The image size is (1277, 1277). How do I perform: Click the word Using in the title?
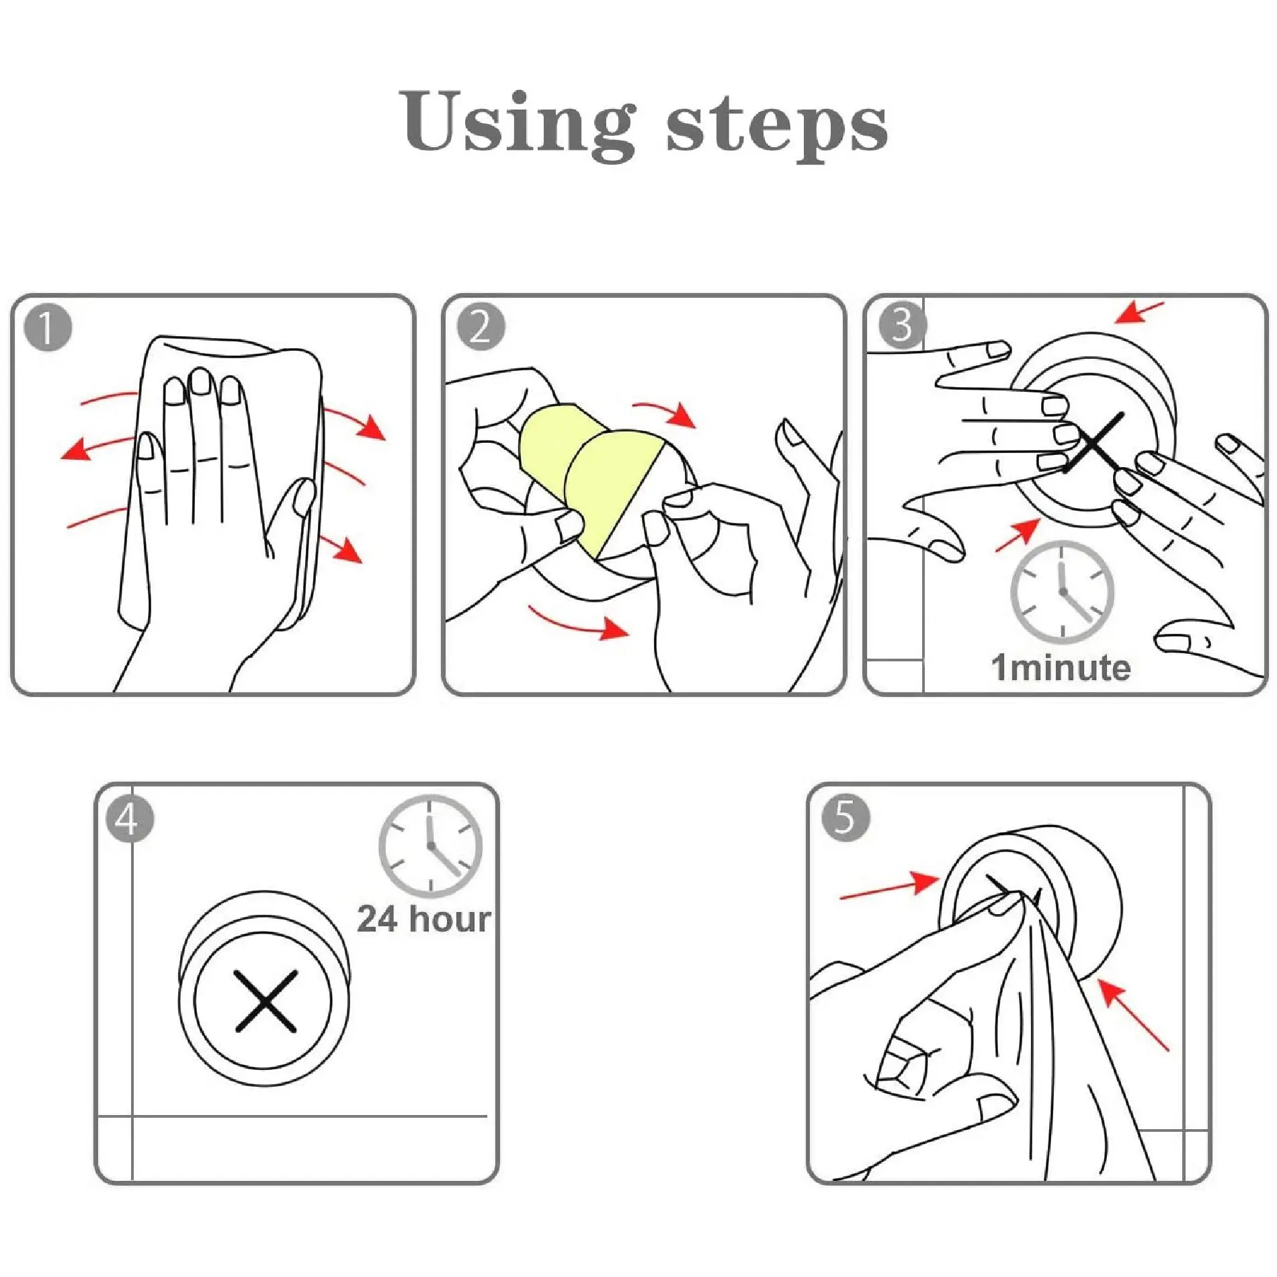click(x=517, y=124)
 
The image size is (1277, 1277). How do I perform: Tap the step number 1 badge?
click(x=47, y=328)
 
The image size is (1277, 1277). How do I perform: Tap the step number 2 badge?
click(x=481, y=327)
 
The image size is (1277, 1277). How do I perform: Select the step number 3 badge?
click(x=903, y=325)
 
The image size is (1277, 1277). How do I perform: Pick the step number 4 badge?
click(x=130, y=819)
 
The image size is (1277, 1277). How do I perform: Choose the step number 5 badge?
click(x=846, y=818)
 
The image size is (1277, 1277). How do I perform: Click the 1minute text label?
click(x=1061, y=668)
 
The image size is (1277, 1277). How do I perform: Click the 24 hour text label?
click(x=424, y=919)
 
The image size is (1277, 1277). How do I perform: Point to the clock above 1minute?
click(x=1062, y=591)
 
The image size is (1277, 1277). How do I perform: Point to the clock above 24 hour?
click(x=430, y=846)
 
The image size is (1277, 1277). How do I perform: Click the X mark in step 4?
click(x=265, y=1001)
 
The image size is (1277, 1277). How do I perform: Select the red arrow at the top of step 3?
click(x=1139, y=313)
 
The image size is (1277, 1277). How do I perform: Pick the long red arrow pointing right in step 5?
click(x=890, y=885)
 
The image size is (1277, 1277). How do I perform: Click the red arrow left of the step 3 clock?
click(x=1018, y=535)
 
